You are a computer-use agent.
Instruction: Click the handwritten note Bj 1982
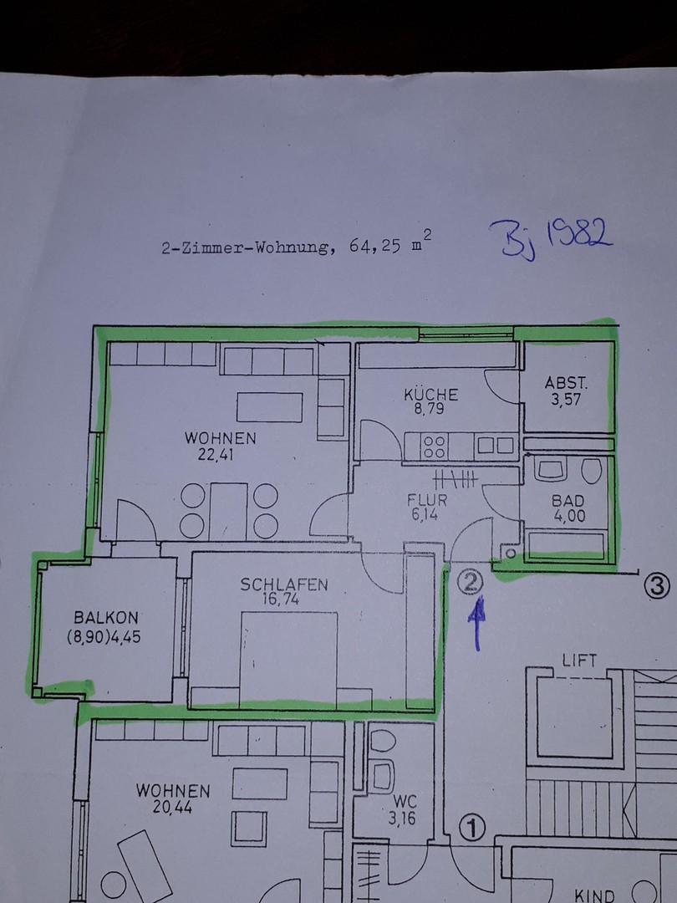pos(551,239)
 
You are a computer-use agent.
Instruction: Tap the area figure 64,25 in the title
pos(374,247)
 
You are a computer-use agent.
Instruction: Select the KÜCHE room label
pos(431,395)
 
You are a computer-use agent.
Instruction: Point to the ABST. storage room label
pos(566,382)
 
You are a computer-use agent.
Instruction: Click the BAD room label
pos(568,501)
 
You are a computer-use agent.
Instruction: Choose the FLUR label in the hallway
pos(427,500)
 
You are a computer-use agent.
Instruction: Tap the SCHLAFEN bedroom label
pos(284,584)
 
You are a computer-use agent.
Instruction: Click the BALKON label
pos(106,618)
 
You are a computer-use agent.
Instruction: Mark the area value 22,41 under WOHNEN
pos(216,455)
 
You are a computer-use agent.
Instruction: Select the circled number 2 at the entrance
pos(471,583)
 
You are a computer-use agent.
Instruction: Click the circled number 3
pos(657,586)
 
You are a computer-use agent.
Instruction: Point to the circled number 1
pos(472,829)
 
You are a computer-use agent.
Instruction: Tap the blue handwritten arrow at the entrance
pos(476,625)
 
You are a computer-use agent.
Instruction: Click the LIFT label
pos(579,661)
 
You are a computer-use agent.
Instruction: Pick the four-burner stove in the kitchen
pos(434,446)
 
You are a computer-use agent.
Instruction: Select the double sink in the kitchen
pos(495,446)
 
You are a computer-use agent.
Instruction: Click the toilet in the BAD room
pos(591,470)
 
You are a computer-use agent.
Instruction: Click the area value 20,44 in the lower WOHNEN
pos(172,807)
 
